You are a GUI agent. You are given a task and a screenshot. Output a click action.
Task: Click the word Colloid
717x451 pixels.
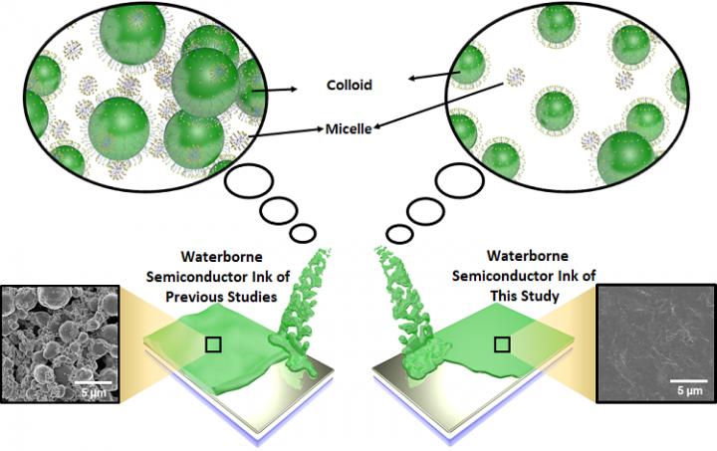(350, 86)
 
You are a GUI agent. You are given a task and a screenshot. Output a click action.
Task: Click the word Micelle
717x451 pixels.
(350, 128)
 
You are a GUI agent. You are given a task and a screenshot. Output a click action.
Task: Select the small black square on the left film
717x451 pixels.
(211, 344)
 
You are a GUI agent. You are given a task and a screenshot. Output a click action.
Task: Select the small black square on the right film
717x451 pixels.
(504, 344)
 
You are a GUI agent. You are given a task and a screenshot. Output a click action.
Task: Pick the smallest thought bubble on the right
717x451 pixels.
(399, 235)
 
